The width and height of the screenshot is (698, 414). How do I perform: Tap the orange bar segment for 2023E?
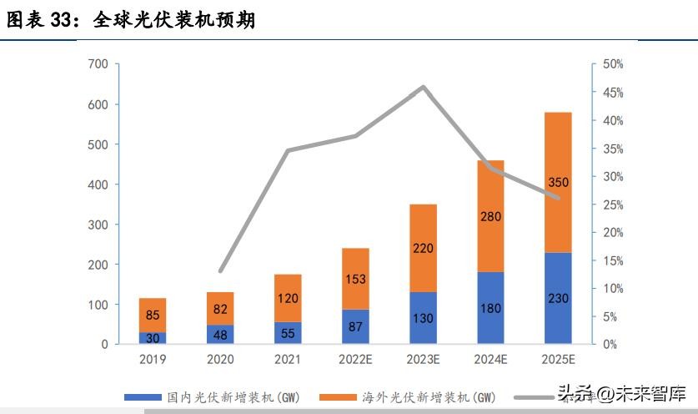[423, 248]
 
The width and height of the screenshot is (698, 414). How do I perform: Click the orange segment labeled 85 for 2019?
[153, 315]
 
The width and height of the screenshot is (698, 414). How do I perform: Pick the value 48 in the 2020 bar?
[220, 334]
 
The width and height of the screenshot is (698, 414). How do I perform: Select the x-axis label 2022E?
[355, 359]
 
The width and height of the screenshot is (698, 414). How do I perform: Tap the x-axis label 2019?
[153, 359]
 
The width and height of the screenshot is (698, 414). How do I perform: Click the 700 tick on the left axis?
[98, 64]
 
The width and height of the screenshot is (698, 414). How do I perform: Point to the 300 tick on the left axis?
[98, 225]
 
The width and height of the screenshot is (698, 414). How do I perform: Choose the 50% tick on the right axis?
[613, 64]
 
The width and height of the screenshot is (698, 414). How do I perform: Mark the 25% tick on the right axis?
[613, 204]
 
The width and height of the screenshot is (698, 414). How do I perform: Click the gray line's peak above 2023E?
[424, 87]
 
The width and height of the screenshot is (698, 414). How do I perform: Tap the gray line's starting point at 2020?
[221, 271]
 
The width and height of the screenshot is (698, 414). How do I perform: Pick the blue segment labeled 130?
[423, 318]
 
